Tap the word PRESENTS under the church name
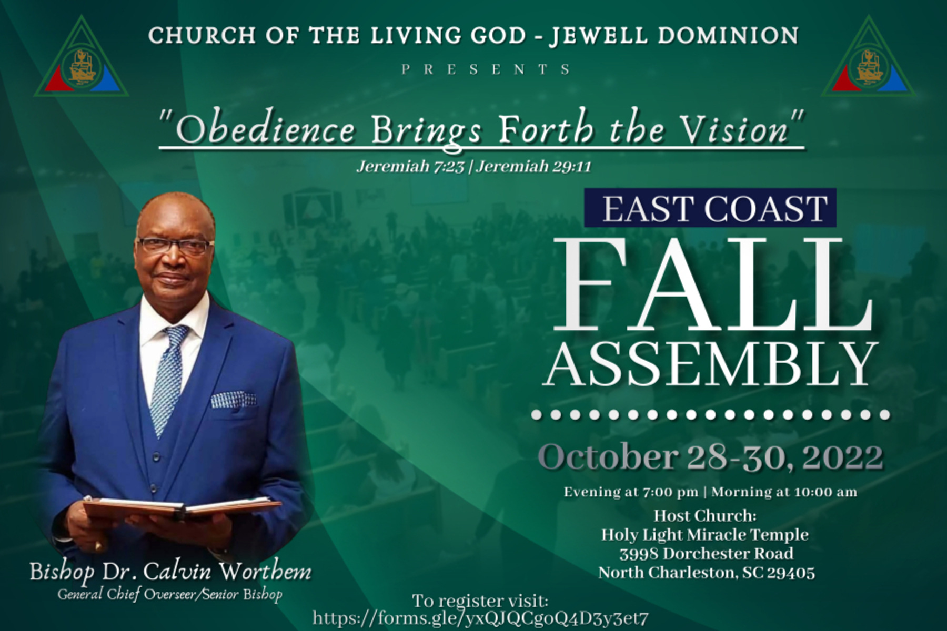pyautogui.click(x=486, y=69)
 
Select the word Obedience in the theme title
pyautogui.click(x=265, y=129)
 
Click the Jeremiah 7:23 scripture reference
pyautogui.click(x=410, y=167)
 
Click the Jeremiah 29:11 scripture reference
pyautogui.click(x=534, y=167)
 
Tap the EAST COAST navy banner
pyautogui.click(x=710, y=208)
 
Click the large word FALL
pyautogui.click(x=713, y=284)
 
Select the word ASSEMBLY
pyautogui.click(x=710, y=364)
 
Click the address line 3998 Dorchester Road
pyautogui.click(x=707, y=554)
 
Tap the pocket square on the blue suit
pyautogui.click(x=233, y=400)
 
